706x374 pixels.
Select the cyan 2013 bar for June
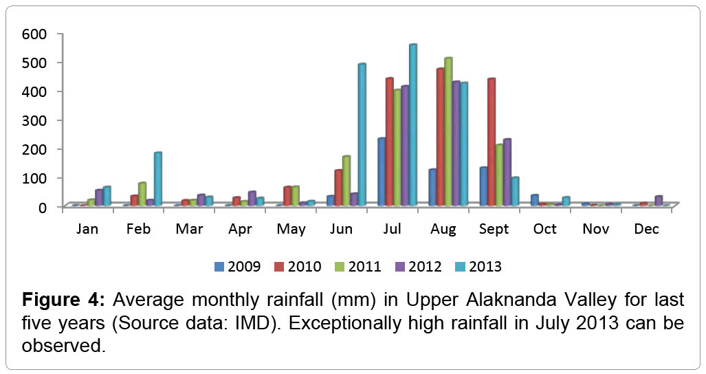pos(361,135)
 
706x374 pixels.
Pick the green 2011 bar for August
pos(448,131)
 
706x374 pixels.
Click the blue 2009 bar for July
pos(381,172)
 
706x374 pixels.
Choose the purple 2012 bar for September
pos(507,172)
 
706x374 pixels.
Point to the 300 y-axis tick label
pos(33,120)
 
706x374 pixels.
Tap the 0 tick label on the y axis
pos(41,207)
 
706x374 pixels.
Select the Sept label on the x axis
pos(494,229)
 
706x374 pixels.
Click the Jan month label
pos(87,229)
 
